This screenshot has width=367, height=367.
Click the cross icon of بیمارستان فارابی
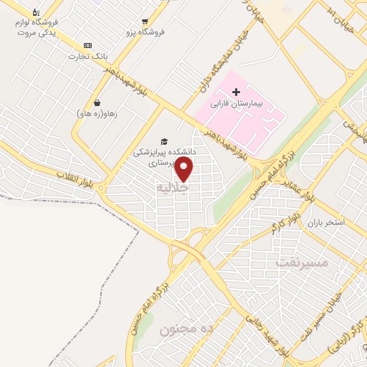coord(236,92)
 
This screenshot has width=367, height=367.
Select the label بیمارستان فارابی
coord(237,104)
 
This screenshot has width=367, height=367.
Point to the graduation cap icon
coord(164,141)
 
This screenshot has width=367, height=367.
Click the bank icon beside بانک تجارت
coord(87,45)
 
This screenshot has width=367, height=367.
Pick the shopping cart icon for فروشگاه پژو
coord(146,22)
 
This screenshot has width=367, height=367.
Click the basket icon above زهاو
coord(97,103)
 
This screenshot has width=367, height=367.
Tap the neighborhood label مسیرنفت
coord(301,262)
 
